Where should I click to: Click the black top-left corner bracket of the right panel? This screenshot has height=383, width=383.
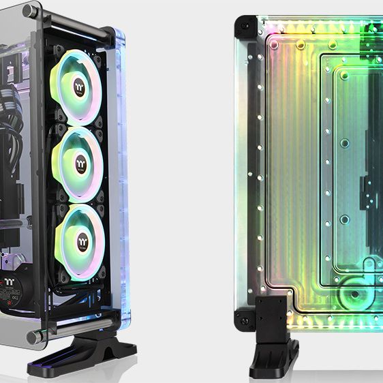pyautogui.click(x=243, y=27)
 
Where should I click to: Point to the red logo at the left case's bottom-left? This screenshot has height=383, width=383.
pyautogui.click(x=10, y=280)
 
